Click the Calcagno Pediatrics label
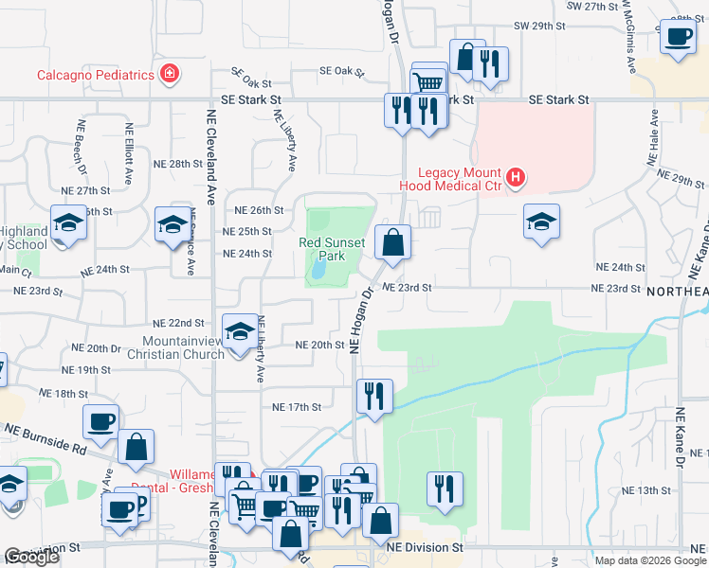coord(95,75)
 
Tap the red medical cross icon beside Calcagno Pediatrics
coord(170,73)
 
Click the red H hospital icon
coord(515,177)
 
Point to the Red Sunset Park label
coord(332,249)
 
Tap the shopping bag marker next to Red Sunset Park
coord(392,243)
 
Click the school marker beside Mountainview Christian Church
coord(241,332)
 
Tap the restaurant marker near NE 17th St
coord(374,396)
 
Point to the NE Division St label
coord(425,547)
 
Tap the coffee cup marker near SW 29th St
coord(677,37)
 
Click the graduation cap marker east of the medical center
coord(541,222)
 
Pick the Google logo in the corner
coord(31,558)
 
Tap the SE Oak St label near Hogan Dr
coord(342,71)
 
